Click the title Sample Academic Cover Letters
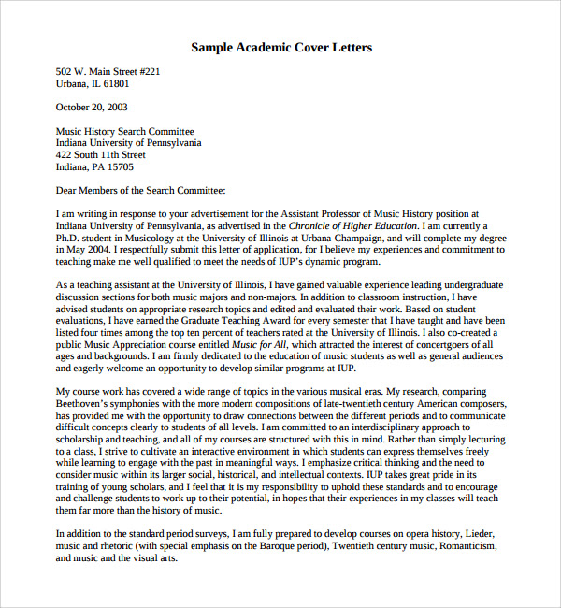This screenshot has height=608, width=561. [280, 47]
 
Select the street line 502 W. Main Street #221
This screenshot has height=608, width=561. [108, 71]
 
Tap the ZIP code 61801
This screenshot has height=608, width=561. [116, 83]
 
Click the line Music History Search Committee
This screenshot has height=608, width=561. [125, 132]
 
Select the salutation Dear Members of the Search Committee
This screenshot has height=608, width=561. [141, 191]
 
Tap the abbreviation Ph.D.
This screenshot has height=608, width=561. [69, 238]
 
